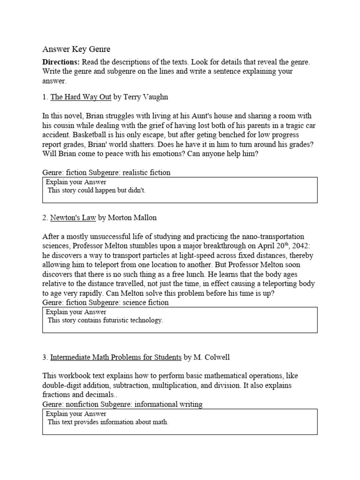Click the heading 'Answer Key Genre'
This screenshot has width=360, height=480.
click(76, 49)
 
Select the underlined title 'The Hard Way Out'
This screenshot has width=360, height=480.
click(81, 97)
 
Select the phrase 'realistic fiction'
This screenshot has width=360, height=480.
click(146, 172)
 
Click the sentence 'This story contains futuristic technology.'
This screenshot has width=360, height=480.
click(105, 321)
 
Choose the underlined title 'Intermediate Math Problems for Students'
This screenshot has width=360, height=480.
click(116, 357)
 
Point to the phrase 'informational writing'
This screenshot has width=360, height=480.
click(168, 404)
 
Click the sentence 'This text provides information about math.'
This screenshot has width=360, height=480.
click(108, 422)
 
